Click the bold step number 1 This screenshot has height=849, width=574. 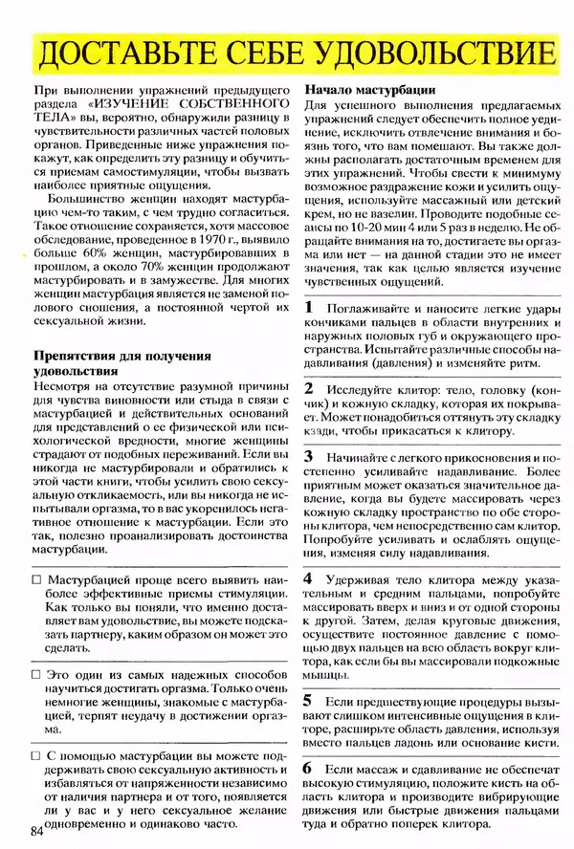308,308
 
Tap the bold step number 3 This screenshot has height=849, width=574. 308,457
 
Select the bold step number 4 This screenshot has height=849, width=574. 308,578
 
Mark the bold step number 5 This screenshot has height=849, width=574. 308,700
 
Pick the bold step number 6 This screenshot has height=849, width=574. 308,767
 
